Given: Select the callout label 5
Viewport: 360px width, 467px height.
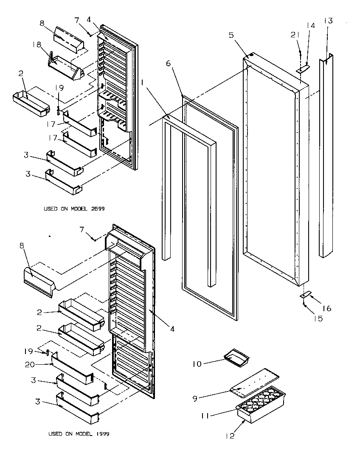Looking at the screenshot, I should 231,35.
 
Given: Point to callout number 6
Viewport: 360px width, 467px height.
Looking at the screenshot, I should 168,63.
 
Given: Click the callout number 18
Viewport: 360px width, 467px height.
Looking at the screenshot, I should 37,44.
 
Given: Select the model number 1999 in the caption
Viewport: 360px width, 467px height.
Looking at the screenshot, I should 103,434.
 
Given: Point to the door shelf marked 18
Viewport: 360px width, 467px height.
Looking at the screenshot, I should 66,68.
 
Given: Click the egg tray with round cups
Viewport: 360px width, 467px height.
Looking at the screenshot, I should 261,403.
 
